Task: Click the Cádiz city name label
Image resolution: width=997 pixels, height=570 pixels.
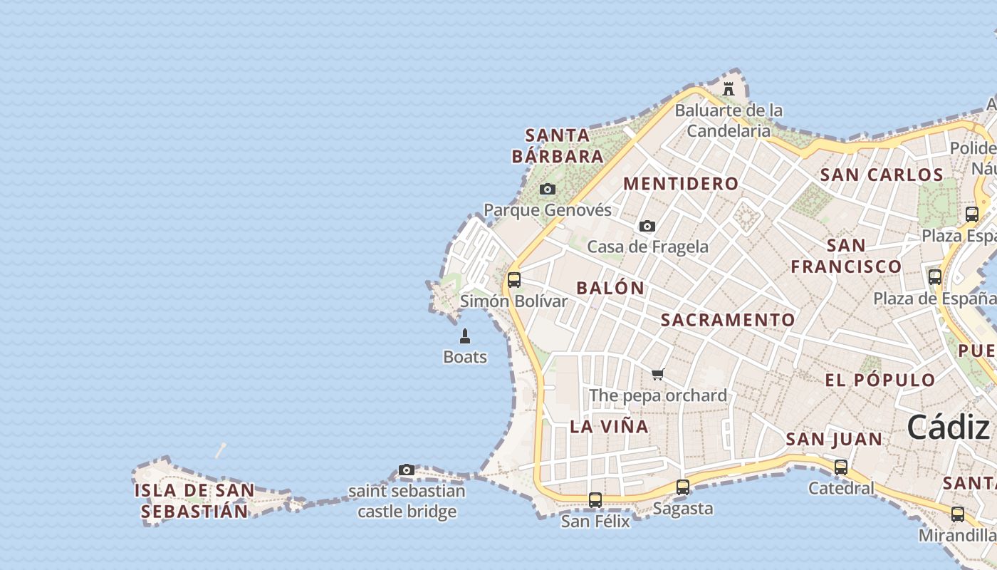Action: [x=948, y=427]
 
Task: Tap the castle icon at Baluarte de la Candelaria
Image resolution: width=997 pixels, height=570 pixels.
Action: [x=729, y=89]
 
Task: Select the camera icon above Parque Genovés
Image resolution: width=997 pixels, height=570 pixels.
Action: [x=547, y=189]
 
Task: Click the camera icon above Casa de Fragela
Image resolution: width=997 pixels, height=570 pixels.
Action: [x=647, y=226]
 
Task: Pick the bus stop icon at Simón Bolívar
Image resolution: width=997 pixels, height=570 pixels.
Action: [x=513, y=280]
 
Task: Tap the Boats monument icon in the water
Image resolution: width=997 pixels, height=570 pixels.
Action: [x=465, y=336]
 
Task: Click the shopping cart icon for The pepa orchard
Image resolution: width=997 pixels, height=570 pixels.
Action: [x=657, y=374]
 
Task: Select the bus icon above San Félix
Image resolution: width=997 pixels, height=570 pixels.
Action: [x=595, y=500]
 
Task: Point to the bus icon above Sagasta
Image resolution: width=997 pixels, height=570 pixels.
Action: [x=682, y=487]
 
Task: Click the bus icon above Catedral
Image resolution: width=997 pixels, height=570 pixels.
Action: [x=841, y=467]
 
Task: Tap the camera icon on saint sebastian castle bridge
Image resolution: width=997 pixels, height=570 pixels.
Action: [x=407, y=470]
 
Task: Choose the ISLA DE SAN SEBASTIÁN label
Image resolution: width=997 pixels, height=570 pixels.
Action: [x=194, y=501]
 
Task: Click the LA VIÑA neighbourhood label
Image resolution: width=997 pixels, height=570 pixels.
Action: [x=610, y=427]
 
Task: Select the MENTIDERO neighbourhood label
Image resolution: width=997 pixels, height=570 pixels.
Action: [x=681, y=184]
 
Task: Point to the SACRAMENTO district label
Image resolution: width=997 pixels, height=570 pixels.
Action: [x=728, y=320]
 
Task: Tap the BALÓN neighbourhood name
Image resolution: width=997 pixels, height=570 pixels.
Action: [x=610, y=288]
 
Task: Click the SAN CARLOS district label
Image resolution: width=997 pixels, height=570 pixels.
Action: [x=882, y=175]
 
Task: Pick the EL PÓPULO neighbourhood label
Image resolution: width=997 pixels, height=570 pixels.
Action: [x=879, y=380]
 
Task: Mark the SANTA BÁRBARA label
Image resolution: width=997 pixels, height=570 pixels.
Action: [x=558, y=145]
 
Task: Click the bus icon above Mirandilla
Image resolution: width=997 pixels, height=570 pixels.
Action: [x=957, y=514]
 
